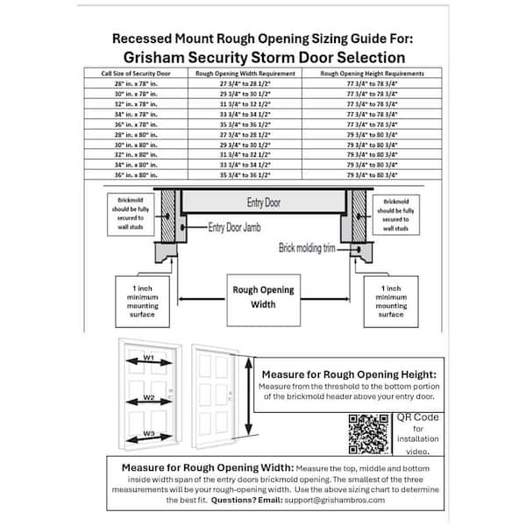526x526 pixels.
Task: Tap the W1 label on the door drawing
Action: coord(149,358)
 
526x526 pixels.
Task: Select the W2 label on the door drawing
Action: coord(149,399)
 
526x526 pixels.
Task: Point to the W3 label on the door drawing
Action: coord(149,434)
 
